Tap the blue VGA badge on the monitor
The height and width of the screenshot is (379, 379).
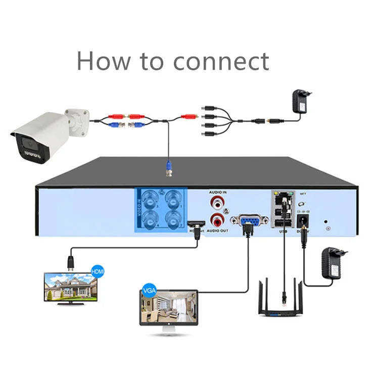tap(149, 291)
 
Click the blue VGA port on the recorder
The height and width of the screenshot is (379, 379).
tap(247, 220)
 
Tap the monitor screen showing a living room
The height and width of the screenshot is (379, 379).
tap(167, 308)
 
